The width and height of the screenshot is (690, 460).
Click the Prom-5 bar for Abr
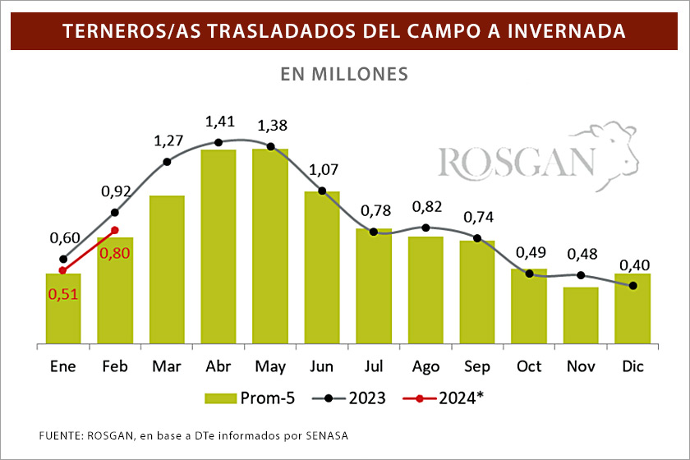[218, 246]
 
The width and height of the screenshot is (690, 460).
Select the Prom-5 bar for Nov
[581, 315]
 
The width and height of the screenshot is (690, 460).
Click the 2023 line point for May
[270, 147]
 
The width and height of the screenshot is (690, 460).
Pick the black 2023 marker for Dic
[632, 286]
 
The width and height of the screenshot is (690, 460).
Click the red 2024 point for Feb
[115, 230]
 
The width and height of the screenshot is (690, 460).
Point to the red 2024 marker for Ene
[62, 270]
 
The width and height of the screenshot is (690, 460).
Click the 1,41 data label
[219, 122]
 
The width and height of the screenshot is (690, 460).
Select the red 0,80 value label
[114, 253]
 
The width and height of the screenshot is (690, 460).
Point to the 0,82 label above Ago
[427, 206]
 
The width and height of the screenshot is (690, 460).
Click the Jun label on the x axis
[321, 366]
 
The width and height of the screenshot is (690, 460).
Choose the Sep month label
[477, 366]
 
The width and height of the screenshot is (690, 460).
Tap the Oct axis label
[529, 366]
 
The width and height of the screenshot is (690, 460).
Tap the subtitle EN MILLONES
[344, 73]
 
